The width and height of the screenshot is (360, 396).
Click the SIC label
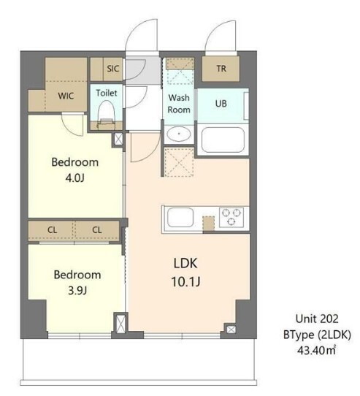tap(112, 69)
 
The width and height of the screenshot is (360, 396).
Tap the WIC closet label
tap(66, 96)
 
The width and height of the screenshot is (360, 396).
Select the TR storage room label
tap(221, 69)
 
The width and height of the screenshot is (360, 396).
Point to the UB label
tap(221, 104)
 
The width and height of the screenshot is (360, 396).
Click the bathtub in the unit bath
tap(223, 140)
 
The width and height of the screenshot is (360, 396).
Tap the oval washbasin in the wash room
tap(179, 134)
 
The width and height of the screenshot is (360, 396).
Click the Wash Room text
tap(179, 104)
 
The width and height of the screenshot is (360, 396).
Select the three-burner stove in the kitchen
tap(231, 217)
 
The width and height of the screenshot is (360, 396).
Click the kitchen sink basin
tap(180, 217)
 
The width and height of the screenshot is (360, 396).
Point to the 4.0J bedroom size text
tap(74, 178)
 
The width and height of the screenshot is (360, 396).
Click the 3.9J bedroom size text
tap(77, 291)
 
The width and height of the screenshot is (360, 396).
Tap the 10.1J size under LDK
tap(185, 281)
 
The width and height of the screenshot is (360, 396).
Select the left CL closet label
tap(53, 230)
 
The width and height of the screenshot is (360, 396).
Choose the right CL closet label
tap(97, 230)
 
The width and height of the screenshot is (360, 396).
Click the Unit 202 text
tap(317, 319)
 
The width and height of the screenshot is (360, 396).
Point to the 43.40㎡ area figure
tap(317, 350)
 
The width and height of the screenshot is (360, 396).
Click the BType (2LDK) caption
tap(317, 335)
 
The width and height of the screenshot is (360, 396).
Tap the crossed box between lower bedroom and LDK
tap(120, 323)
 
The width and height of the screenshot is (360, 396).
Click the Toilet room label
tap(107, 93)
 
